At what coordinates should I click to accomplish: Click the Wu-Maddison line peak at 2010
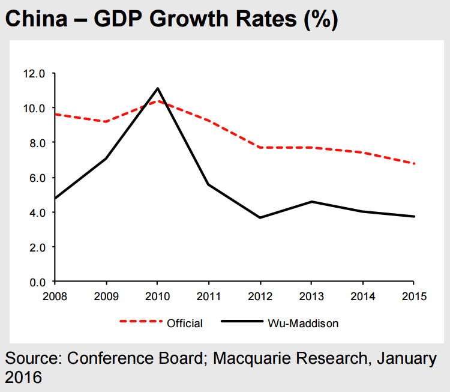tap(157, 88)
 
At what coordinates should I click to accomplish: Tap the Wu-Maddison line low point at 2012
tap(260, 217)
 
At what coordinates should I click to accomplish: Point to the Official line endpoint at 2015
tap(414, 163)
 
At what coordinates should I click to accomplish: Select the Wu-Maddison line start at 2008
tap(55, 198)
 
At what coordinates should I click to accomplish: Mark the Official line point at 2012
tap(260, 147)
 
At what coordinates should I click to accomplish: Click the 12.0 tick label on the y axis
tap(34, 74)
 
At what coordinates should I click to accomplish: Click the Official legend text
tap(185, 324)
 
